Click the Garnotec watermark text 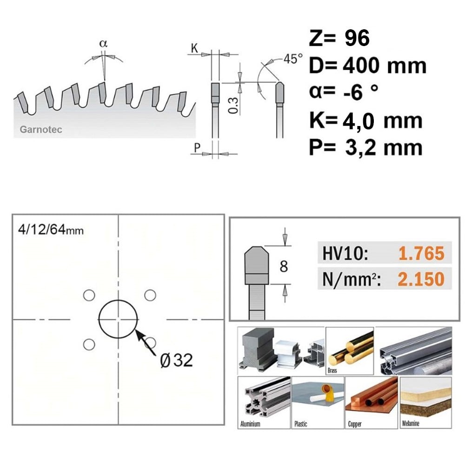[41, 130]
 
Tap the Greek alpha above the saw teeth [103, 44]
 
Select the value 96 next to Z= [357, 38]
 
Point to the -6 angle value [353, 93]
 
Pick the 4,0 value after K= [358, 121]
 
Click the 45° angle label [293, 59]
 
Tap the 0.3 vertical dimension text [234, 106]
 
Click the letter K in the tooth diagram [194, 48]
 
